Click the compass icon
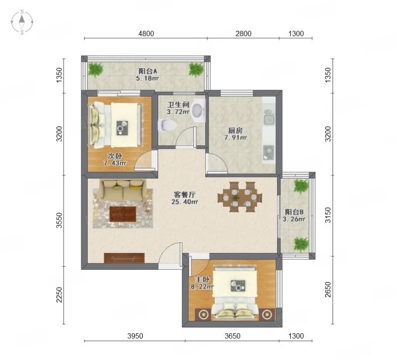click(22, 22)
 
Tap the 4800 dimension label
click(146, 34)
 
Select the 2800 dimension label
click(243, 34)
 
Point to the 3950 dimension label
click(135, 336)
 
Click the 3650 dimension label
click(232, 336)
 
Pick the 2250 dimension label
click(59, 295)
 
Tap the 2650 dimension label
click(328, 290)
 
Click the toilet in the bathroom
click(167, 125)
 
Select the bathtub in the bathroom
click(199, 111)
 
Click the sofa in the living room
click(123, 189)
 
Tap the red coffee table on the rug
click(123, 214)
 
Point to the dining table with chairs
click(240, 197)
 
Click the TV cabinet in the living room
click(124, 258)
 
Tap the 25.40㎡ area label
click(184, 202)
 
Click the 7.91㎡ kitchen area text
click(235, 138)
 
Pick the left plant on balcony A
click(96, 70)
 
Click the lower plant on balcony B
click(301, 244)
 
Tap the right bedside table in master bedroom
click(266, 314)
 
